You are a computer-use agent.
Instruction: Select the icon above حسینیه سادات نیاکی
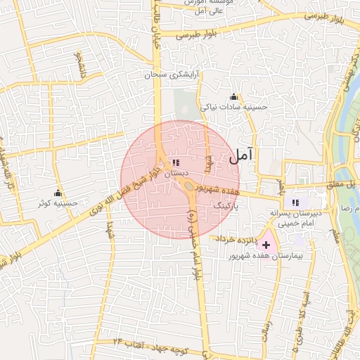point(233,96)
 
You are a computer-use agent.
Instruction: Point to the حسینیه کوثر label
point(58,204)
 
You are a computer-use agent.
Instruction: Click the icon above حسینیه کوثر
point(58,193)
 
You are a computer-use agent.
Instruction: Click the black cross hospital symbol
point(266,245)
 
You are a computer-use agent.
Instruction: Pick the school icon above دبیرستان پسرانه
point(295,202)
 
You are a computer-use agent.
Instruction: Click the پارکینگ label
point(226,207)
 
